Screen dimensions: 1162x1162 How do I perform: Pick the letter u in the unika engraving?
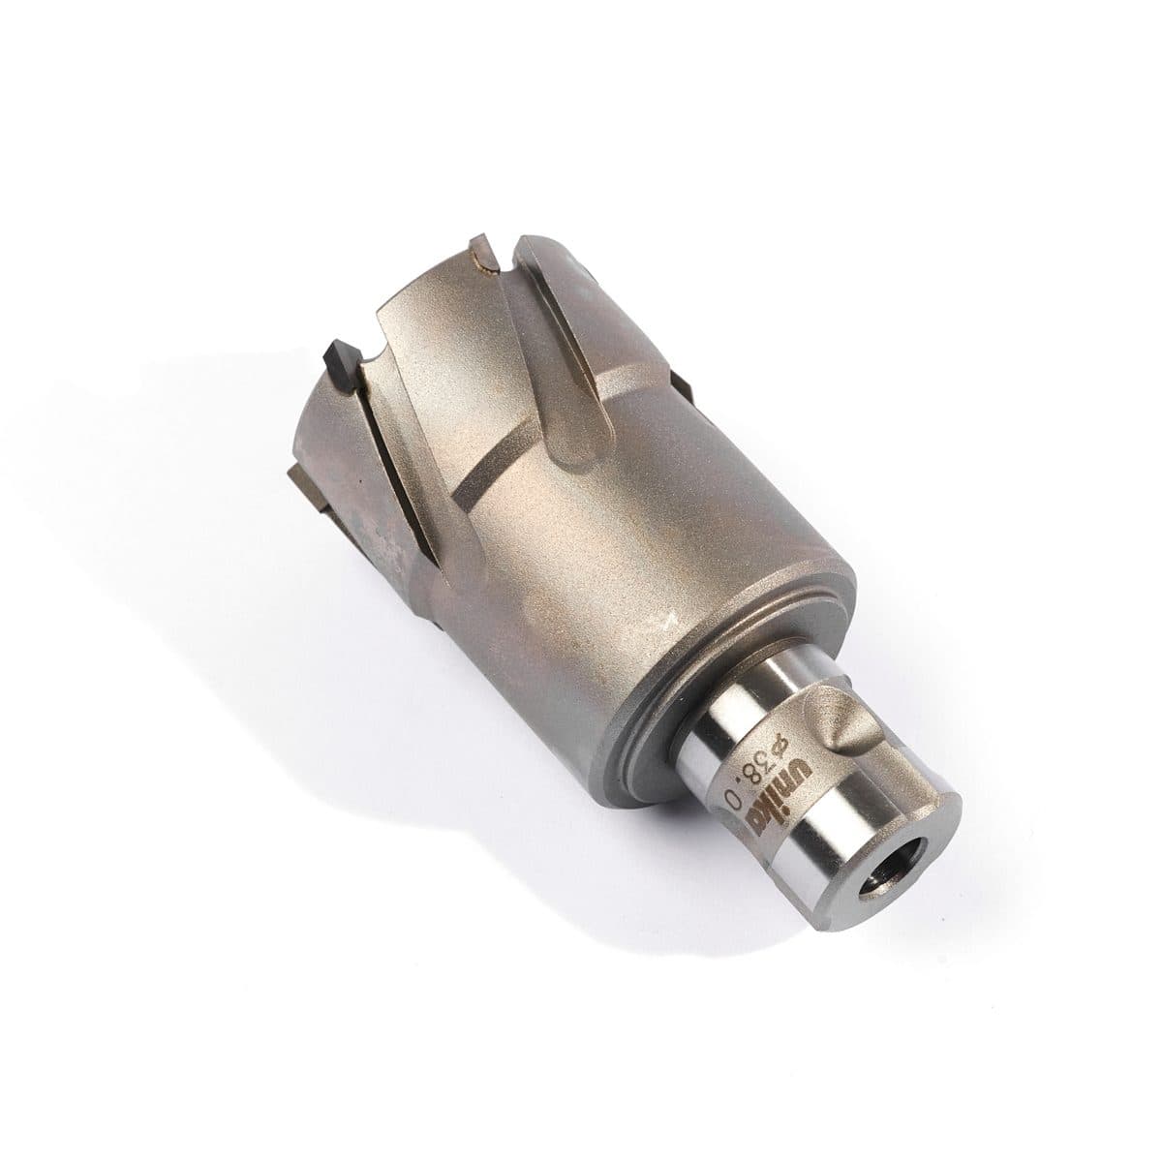(797, 768)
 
